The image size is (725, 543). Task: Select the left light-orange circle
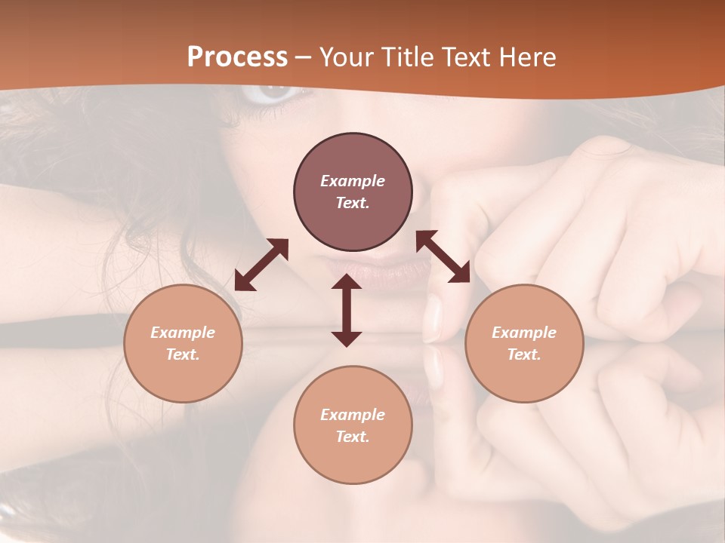click(x=183, y=343)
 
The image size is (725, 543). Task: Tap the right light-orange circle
click(x=523, y=343)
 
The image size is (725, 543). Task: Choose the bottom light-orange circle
click(x=353, y=425)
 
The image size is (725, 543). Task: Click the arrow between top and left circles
click(x=261, y=265)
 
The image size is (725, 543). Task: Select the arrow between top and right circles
click(x=443, y=256)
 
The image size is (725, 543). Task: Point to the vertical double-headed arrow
click(x=347, y=310)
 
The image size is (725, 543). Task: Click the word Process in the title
click(x=237, y=57)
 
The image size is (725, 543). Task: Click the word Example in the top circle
click(x=353, y=181)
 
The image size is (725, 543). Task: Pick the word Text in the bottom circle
click(x=352, y=437)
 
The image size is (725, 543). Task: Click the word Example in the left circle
click(x=183, y=333)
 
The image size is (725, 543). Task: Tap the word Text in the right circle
click(x=523, y=354)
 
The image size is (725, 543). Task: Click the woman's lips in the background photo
click(x=378, y=271)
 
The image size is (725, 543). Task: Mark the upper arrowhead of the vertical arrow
click(x=347, y=283)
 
